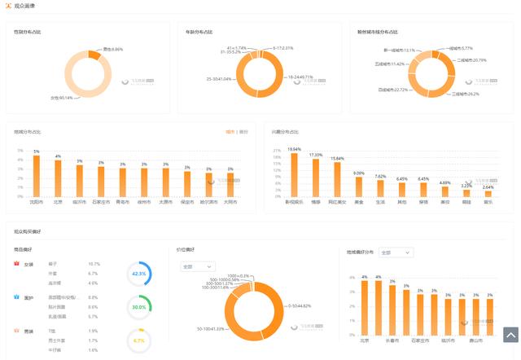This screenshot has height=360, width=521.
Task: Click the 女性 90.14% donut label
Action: point(62,98)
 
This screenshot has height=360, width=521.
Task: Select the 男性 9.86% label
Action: point(112,49)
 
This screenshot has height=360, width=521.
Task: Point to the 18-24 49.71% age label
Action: point(300,77)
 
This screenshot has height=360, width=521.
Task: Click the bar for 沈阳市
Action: point(36,176)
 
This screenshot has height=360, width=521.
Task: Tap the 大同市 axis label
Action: point(230,201)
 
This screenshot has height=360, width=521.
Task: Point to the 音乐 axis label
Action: point(488,201)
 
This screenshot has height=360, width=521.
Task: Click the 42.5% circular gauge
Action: point(139,274)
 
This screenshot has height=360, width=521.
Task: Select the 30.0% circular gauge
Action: point(139,307)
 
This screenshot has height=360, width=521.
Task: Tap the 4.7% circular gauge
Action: point(139,340)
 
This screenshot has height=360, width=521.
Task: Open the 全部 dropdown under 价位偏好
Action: point(198,266)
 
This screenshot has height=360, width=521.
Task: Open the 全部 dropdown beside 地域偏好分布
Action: point(396,252)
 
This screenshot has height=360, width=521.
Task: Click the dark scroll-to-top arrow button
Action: point(510,334)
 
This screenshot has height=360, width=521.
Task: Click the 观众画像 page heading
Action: point(24,7)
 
